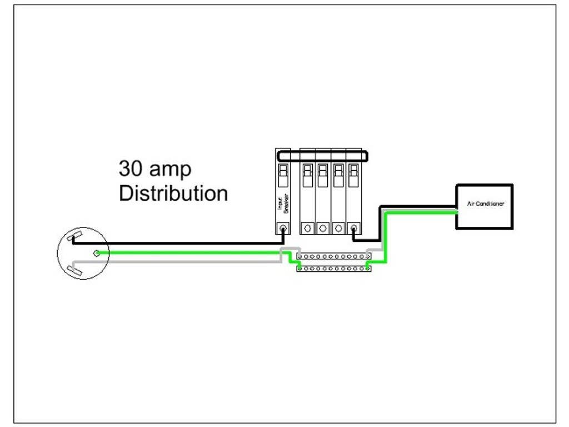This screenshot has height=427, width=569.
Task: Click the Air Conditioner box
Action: pos(484,206)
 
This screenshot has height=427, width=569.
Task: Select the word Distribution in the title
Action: pos(173,193)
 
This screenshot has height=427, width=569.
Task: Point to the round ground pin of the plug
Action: pos(97,253)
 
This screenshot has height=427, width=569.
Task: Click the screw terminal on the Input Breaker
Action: pos(283,228)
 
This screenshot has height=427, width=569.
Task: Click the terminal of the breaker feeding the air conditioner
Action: pos(353,228)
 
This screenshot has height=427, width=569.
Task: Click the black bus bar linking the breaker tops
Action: pos(322,156)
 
